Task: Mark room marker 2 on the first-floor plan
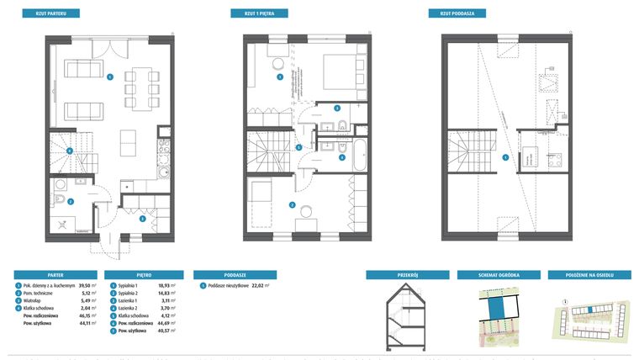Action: tap(291, 204)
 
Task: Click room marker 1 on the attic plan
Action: tap(504, 157)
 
